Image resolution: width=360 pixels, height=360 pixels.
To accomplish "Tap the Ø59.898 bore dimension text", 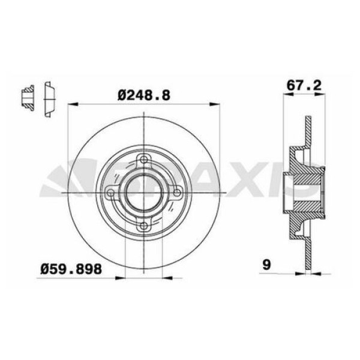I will pos(70,270).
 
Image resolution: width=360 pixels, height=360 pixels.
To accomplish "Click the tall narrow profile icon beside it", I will pos(49,98).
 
